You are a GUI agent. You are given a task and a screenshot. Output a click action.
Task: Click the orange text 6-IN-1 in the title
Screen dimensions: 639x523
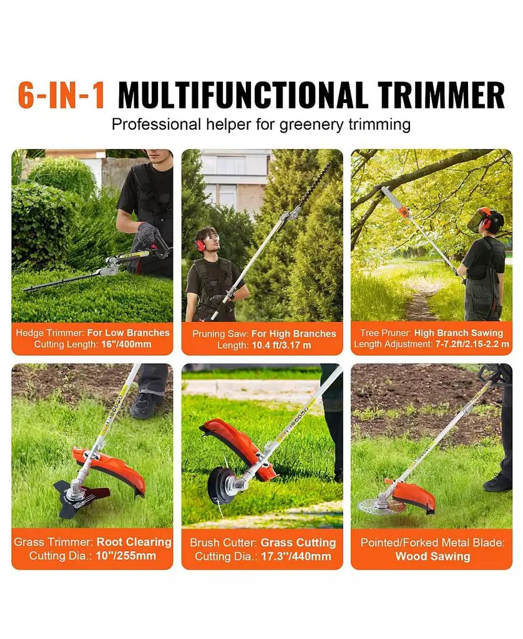[x=61, y=95]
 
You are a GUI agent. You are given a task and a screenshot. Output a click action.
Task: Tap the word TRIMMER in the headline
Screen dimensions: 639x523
[x=442, y=95]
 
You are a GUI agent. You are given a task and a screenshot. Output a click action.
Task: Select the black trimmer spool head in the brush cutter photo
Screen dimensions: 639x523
[x=222, y=484]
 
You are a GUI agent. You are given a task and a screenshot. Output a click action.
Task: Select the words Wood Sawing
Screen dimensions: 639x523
[x=433, y=556]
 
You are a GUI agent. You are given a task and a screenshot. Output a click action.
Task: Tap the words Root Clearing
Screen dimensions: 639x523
[x=134, y=542]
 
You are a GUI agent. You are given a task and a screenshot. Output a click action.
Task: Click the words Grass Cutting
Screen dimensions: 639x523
[x=298, y=542]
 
